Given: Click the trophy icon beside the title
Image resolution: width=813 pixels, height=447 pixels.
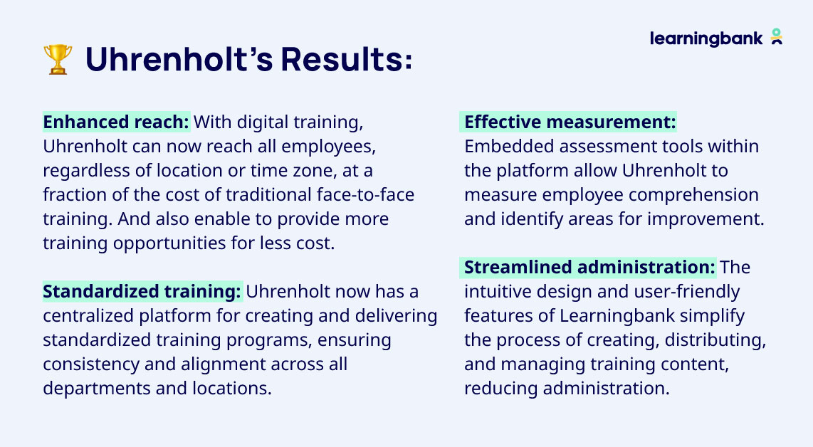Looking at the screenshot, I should (58, 60).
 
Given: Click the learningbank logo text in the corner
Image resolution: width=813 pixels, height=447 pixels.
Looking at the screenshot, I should (706, 38).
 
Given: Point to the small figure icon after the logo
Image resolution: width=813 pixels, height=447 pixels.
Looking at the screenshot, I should (777, 37).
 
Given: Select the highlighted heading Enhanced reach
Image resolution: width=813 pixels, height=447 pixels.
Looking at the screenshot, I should (116, 122).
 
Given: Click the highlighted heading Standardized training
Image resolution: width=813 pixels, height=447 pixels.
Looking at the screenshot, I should (142, 291).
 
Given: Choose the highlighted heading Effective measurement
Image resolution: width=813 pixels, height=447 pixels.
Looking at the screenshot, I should (570, 122).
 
